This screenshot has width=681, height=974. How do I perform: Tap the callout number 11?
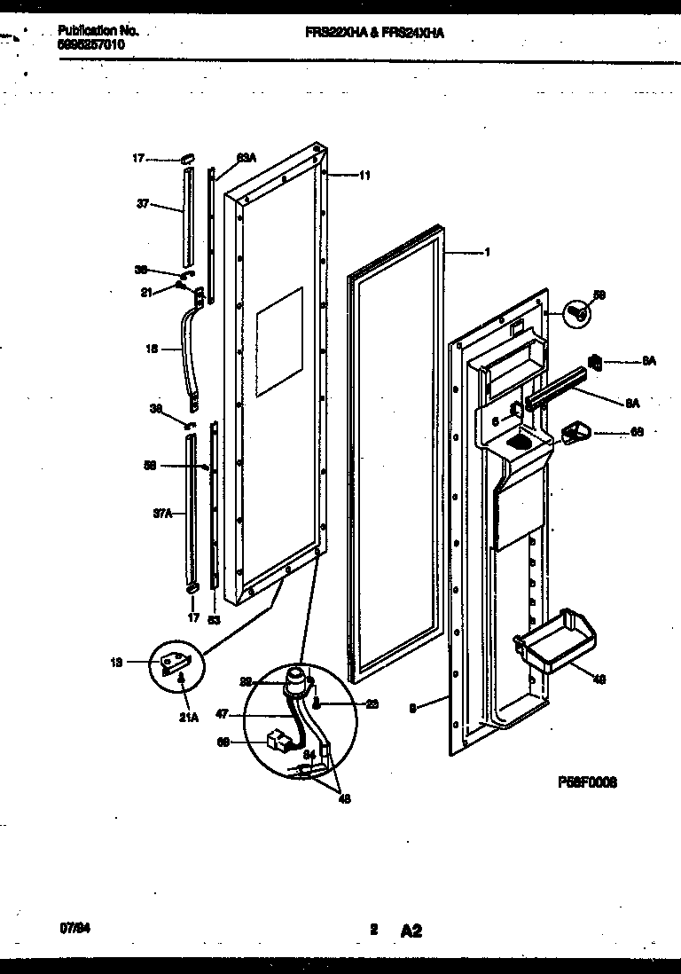[x=364, y=176]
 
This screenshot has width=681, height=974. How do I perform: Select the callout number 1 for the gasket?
[x=487, y=252]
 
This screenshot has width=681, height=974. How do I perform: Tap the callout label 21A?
[x=187, y=695]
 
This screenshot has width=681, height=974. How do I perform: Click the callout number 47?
[x=222, y=713]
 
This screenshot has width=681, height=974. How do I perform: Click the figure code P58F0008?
[x=587, y=782]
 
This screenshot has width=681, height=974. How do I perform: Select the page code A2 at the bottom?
[x=411, y=906]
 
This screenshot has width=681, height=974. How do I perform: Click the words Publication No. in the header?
[x=97, y=30]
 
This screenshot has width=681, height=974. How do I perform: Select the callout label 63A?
[x=246, y=158]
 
